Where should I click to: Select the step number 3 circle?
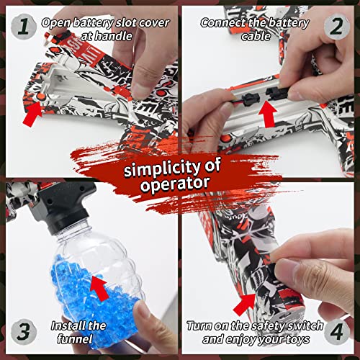point(23,332)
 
